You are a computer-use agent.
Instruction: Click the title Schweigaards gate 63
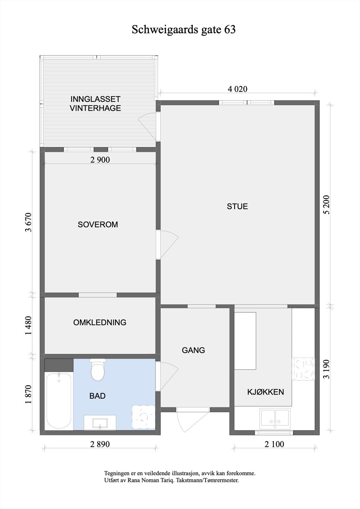[x=184, y=30]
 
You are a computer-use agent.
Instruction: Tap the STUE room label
[x=237, y=206]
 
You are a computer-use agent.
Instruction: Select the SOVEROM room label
[x=98, y=225]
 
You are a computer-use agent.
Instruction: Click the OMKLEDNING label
[x=100, y=323]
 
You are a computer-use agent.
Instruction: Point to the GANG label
[x=193, y=350]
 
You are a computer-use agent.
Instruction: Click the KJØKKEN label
[x=265, y=392]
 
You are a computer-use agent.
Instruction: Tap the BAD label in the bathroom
[x=97, y=396]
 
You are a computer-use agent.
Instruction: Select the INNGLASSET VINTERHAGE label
[x=95, y=103]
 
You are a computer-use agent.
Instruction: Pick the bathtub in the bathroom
[x=59, y=401]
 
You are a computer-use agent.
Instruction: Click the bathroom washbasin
[x=100, y=423]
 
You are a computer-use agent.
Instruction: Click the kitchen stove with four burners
[x=303, y=369]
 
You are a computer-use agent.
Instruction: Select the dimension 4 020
[x=237, y=89]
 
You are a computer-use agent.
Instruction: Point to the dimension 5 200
[x=327, y=204]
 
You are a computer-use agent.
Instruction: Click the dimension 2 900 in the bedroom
[x=100, y=160]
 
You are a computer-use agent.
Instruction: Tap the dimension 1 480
[x=29, y=325]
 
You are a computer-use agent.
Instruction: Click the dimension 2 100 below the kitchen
[x=274, y=444]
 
